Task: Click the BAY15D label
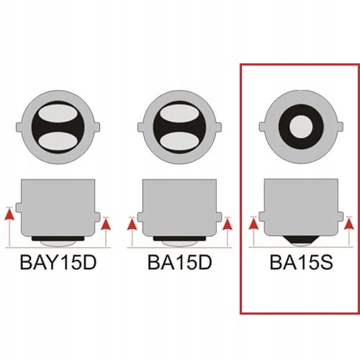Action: point(58,262)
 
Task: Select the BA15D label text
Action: point(180,262)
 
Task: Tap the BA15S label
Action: point(301,262)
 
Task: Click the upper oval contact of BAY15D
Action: point(58,114)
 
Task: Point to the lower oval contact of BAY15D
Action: point(58,140)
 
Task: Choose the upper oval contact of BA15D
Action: point(179,114)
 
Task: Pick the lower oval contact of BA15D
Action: point(179,140)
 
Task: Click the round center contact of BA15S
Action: point(301,127)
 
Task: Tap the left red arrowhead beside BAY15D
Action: point(9,215)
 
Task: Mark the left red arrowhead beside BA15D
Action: point(132,225)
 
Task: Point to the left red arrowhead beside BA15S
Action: point(253,225)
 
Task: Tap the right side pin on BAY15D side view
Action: point(97,217)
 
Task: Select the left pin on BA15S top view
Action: point(262,127)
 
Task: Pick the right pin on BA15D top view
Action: point(218,127)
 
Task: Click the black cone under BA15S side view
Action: point(301,239)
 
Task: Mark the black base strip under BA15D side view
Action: point(179,239)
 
